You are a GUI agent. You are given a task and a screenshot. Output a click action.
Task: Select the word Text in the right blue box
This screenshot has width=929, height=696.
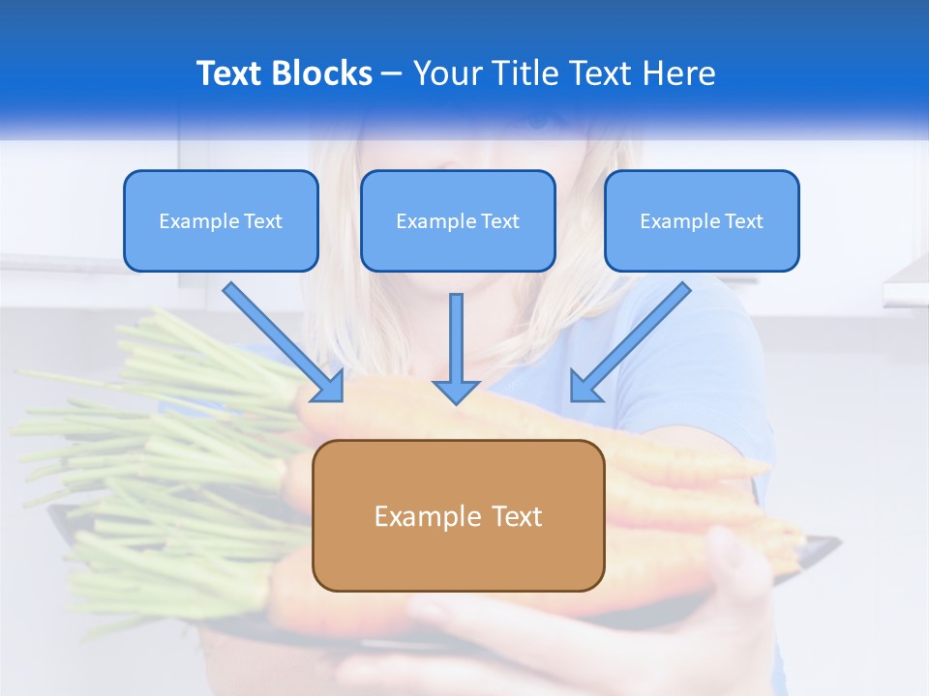[742, 221]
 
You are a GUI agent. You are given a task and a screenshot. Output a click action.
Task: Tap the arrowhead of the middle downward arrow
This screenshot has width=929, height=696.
[456, 391]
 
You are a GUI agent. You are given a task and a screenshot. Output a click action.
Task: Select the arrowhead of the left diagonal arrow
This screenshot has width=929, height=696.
[329, 387]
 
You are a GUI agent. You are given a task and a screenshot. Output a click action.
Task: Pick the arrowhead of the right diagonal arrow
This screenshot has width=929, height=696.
[584, 387]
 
